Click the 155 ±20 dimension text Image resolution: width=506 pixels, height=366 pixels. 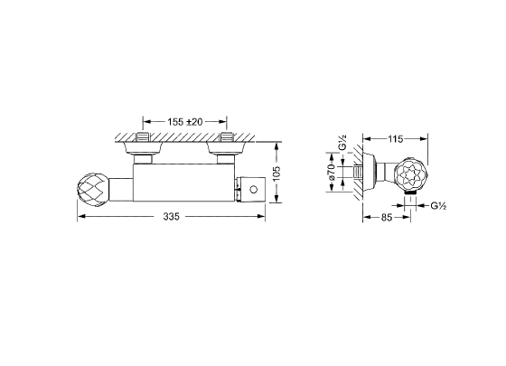click(185, 122)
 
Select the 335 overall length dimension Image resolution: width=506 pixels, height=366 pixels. click(171, 217)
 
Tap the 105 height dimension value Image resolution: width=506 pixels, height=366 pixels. click(276, 174)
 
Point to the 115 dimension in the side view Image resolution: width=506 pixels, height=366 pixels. click(396, 139)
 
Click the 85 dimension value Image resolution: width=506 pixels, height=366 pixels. click(387, 218)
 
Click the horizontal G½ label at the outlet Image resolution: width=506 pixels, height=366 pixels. click(438, 206)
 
